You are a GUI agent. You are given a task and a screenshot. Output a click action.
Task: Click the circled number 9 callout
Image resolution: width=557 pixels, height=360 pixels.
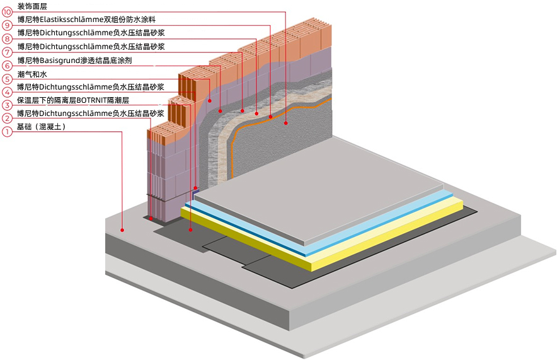[7, 26]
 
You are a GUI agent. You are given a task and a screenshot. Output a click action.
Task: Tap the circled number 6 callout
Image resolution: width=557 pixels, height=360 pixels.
[7, 66]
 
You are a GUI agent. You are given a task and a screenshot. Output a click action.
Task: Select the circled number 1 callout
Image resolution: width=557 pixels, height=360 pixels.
[7, 132]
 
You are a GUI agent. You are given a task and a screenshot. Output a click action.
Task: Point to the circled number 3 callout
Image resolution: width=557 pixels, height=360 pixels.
[7, 105]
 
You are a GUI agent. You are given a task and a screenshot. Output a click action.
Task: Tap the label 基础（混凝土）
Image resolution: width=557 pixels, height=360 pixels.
[42, 127]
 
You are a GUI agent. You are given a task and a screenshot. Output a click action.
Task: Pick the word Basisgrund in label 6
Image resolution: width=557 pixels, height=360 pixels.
[57, 61]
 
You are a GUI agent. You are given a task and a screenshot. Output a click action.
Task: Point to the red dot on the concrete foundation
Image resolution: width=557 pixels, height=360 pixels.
[124, 231]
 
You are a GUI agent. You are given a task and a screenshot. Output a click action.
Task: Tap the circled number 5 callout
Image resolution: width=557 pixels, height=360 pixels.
[7, 79]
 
